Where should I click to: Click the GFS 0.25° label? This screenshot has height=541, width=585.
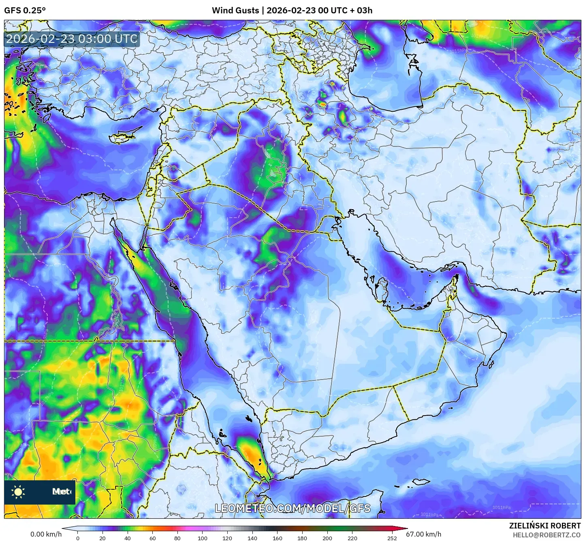tap(25, 11)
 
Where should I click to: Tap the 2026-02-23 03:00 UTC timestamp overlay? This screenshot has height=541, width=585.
tap(72, 39)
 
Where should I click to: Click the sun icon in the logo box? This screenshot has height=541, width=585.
tap(18, 492)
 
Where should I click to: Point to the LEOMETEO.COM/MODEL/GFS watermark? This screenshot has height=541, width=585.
tap(292, 508)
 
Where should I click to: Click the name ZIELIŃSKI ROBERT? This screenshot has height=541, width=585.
tap(545, 526)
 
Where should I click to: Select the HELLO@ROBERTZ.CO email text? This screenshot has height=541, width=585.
tap(547, 535)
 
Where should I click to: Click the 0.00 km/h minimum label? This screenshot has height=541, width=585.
tap(46, 534)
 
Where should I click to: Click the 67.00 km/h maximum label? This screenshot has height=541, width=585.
tap(424, 534)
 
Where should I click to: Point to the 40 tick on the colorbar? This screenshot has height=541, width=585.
tap(128, 538)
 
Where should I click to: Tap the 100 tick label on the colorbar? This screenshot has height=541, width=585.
tap(202, 538)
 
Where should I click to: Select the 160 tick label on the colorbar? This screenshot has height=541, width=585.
tap(278, 538)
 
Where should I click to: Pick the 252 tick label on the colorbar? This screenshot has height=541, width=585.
tap(392, 538)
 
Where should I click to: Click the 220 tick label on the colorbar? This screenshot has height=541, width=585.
tap(352, 538)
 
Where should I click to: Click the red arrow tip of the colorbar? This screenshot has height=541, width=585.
tap(406, 528)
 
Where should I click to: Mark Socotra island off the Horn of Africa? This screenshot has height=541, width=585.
tap(421, 482)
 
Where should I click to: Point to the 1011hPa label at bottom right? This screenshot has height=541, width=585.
tap(502, 507)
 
